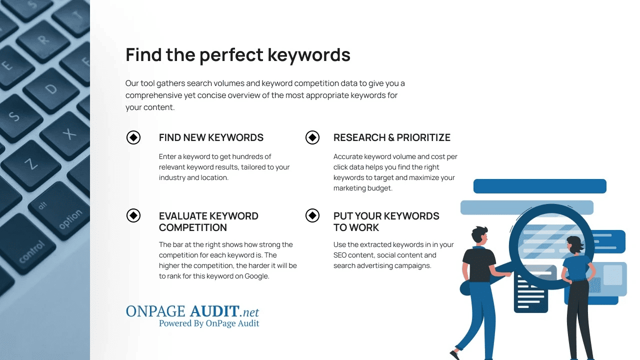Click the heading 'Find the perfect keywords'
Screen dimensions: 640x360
point(237,54)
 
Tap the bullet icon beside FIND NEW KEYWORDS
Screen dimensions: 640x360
point(133,137)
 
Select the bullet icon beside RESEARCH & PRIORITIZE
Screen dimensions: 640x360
point(312,137)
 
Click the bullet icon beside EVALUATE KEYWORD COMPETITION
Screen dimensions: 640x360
point(133,215)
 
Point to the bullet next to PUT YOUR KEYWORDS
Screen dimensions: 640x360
point(312,215)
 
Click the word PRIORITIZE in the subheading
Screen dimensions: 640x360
point(423,137)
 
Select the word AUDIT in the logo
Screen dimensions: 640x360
point(214,311)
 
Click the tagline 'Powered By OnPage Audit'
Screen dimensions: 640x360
point(209,323)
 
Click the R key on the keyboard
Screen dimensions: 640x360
point(43,40)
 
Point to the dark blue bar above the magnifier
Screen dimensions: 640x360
point(539,186)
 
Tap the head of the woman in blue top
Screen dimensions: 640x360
point(575,245)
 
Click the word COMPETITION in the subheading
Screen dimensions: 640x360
point(193,227)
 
